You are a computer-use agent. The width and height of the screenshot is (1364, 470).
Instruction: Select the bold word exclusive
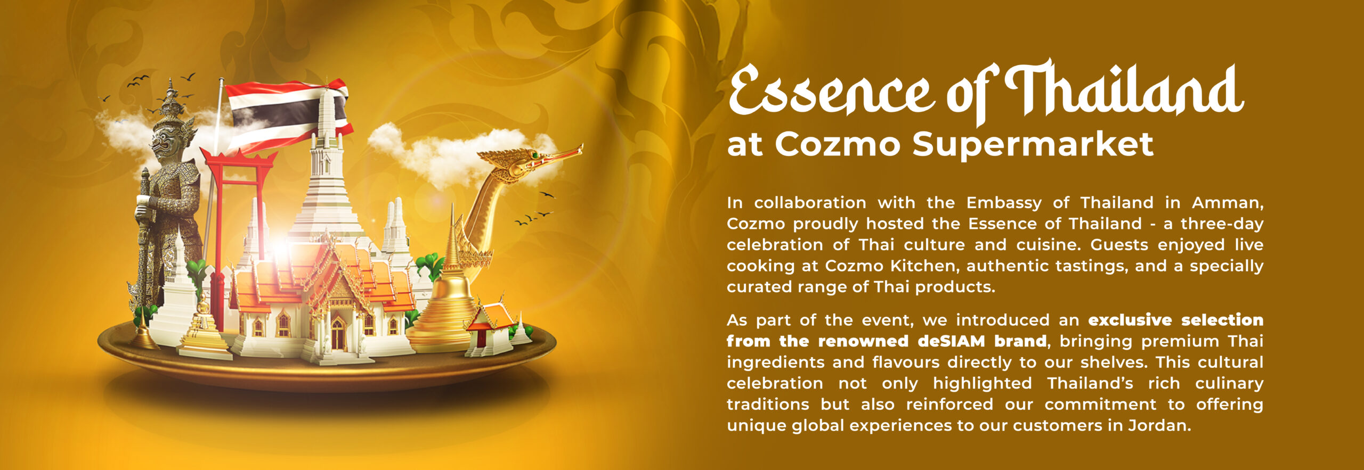[1130, 320]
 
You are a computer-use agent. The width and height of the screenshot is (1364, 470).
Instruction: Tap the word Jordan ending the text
[1159, 426]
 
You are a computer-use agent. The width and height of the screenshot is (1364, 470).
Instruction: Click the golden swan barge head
[527, 162]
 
